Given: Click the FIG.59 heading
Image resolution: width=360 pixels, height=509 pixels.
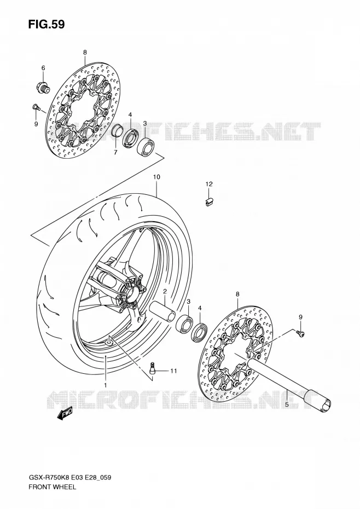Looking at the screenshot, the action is pyautogui.click(x=46, y=24).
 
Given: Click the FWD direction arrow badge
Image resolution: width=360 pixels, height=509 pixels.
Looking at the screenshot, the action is pyautogui.click(x=65, y=413).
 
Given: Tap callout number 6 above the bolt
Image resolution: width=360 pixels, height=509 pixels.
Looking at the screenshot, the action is pyautogui.click(x=43, y=68).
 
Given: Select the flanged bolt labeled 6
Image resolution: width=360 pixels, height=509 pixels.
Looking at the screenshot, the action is pyautogui.click(x=43, y=86).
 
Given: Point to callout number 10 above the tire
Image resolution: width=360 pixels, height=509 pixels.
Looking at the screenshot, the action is pyautogui.click(x=156, y=177).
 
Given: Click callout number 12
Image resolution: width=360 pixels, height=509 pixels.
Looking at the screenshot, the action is pyautogui.click(x=209, y=184).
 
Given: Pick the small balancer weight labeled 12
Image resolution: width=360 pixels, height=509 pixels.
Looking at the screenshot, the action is pyautogui.click(x=210, y=202).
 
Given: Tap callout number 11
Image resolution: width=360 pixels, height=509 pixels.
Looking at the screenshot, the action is pyautogui.click(x=173, y=371).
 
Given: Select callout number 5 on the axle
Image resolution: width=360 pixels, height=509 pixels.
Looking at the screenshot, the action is pyautogui.click(x=287, y=404).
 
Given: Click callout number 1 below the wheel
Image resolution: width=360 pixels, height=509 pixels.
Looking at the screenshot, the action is pyautogui.click(x=105, y=385).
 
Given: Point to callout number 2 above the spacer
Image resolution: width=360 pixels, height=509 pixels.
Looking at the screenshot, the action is pyautogui.click(x=165, y=291).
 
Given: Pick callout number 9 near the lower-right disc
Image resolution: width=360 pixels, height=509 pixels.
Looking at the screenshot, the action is pyautogui.click(x=300, y=317).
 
